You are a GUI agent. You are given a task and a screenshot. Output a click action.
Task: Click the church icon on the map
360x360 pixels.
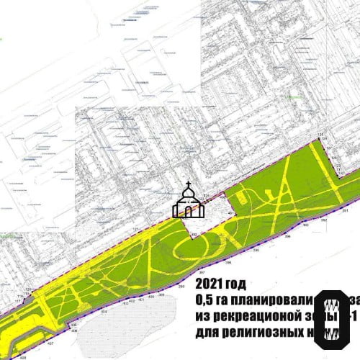tap(188, 201)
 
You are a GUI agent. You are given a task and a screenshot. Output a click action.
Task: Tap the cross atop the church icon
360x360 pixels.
tap(188, 185)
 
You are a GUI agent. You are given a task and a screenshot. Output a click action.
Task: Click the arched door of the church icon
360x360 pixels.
tap(188, 210)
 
